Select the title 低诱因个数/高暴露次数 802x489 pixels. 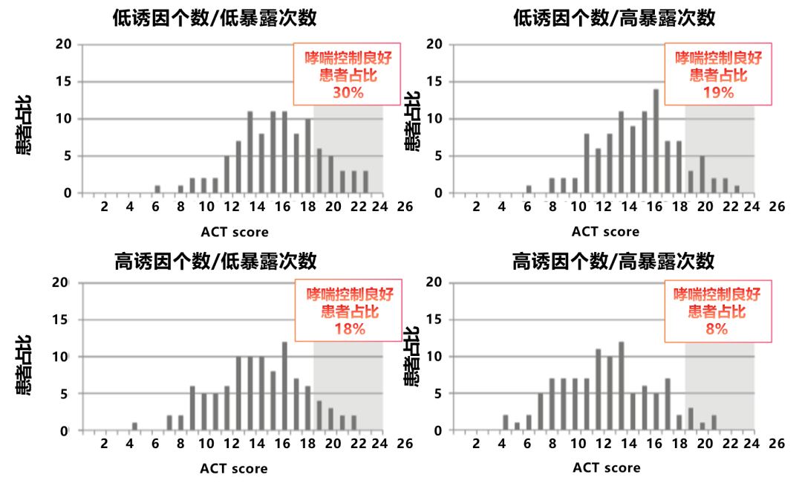(x=613, y=17)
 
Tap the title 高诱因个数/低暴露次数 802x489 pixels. (x=215, y=261)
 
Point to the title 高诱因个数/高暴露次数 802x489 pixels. (x=613, y=261)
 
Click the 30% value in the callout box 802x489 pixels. (x=348, y=93)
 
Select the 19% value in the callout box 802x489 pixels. (x=717, y=93)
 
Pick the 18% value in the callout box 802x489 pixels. (x=349, y=329)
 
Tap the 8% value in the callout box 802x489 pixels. (x=717, y=328)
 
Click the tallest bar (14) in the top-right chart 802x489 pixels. (x=656, y=141)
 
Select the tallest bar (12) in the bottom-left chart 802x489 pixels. (x=284, y=386)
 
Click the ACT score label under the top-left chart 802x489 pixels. (x=235, y=232)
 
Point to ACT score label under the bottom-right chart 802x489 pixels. (x=606, y=468)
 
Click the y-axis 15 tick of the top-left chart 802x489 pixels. (x=65, y=82)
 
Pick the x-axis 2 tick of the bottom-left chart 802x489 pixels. (x=104, y=444)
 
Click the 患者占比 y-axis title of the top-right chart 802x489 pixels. (x=412, y=123)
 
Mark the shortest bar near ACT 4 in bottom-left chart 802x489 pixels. (x=134, y=427)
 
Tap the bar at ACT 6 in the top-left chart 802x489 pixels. (x=157, y=190)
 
